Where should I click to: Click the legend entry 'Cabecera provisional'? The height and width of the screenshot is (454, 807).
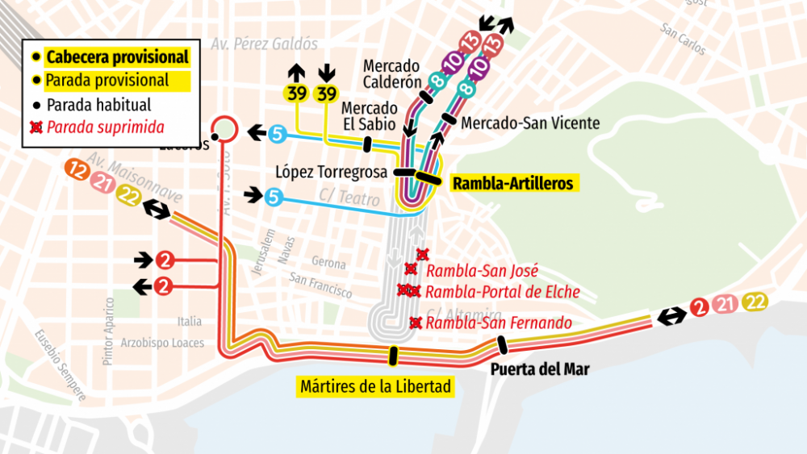117,57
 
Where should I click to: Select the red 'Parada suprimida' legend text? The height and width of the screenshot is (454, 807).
105,127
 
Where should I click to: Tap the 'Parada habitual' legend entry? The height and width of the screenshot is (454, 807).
98,105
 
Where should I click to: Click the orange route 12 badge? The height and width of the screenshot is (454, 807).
78,170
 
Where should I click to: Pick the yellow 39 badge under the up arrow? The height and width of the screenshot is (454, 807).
297,94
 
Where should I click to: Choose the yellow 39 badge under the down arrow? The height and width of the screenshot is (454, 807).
326,94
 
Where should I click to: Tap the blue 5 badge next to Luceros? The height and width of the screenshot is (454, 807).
277,133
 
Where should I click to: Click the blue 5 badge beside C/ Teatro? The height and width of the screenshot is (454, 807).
274,196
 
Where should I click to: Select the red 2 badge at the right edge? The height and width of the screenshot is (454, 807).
700,306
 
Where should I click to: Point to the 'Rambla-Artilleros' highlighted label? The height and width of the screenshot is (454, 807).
512,184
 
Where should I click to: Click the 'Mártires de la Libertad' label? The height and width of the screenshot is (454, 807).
374,386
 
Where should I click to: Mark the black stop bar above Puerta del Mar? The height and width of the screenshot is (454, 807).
503,345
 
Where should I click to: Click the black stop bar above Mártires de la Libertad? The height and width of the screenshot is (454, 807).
393,355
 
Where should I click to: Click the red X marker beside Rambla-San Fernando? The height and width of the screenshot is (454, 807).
416,323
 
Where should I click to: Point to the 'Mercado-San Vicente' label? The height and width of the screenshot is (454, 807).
530,123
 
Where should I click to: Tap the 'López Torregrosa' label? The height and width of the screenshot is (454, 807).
332,172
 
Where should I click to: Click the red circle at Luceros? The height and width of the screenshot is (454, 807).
224,127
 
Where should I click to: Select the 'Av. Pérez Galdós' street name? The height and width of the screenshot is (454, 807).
264,44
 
